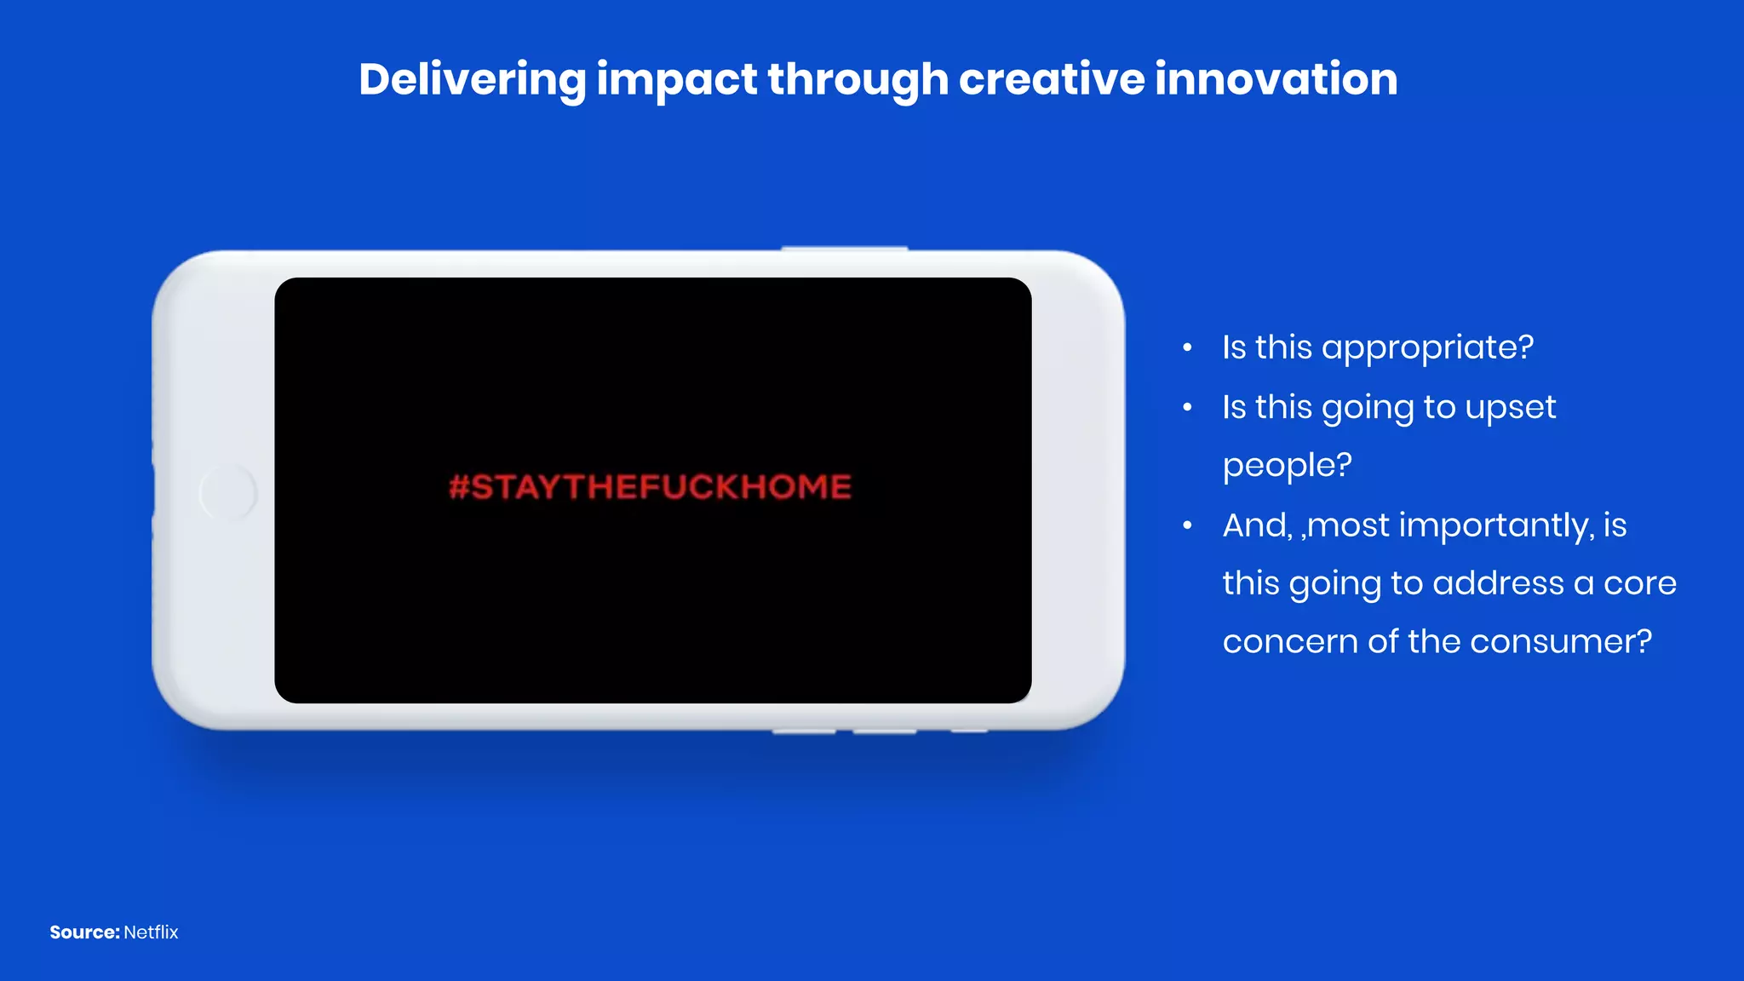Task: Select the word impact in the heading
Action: (676, 81)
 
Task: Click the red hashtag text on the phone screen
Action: (650, 487)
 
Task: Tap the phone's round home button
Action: (227, 492)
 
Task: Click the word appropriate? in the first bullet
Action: (1427, 348)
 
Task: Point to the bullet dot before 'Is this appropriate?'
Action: (1187, 347)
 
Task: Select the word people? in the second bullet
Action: (1287, 466)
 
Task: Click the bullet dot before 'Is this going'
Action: (1187, 407)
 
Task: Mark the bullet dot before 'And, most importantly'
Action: (1187, 525)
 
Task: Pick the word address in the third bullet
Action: (1498, 583)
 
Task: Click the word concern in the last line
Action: (1290, 641)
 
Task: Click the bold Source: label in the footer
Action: (84, 932)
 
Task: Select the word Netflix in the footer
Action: (151, 932)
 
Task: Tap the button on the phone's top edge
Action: (844, 248)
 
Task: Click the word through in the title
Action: (858, 81)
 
